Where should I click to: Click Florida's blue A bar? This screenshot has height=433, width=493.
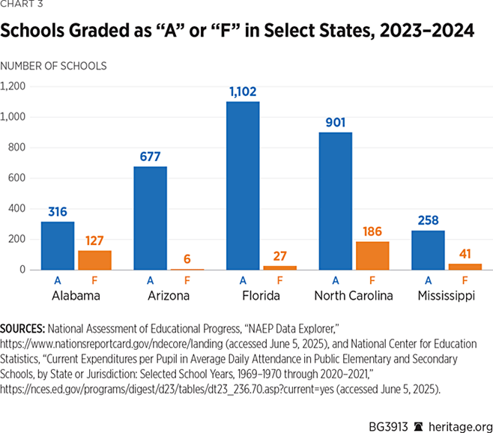click(243, 186)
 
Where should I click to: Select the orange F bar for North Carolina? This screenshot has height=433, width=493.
click(372, 255)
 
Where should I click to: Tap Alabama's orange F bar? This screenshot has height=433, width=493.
click(94, 260)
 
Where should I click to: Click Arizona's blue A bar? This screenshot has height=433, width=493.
click(151, 218)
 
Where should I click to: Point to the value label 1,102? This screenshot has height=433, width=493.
click(243, 91)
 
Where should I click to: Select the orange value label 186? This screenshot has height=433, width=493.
click(372, 231)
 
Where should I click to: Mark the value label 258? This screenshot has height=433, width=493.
click(429, 219)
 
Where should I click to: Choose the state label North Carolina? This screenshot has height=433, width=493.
click(354, 296)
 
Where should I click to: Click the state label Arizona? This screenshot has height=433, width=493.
click(169, 296)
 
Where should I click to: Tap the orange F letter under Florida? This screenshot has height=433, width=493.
click(279, 280)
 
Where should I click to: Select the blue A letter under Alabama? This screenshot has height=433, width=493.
click(58, 280)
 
